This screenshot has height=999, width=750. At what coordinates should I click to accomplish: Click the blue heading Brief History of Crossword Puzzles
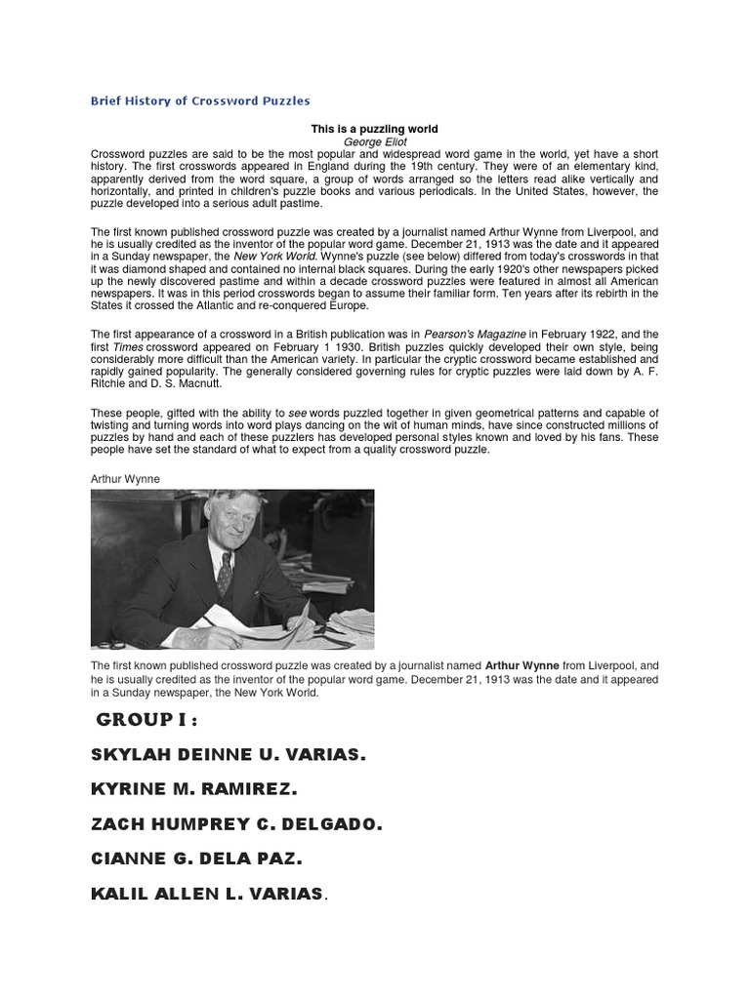[200, 100]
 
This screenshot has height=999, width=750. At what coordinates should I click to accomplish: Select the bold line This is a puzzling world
[374, 129]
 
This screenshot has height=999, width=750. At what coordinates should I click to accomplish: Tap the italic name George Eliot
[375, 141]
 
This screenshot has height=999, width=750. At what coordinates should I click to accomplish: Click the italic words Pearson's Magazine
[473, 334]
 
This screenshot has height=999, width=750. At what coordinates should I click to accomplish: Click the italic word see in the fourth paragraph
[299, 413]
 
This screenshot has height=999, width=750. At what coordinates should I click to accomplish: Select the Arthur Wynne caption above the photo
[125, 479]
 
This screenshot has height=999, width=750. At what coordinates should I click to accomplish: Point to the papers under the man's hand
[283, 631]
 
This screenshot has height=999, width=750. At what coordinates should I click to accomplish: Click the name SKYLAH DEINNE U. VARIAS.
[229, 755]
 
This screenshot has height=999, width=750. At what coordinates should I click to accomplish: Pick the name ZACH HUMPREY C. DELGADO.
[236, 824]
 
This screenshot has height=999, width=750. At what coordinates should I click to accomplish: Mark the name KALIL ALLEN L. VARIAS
[207, 894]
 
